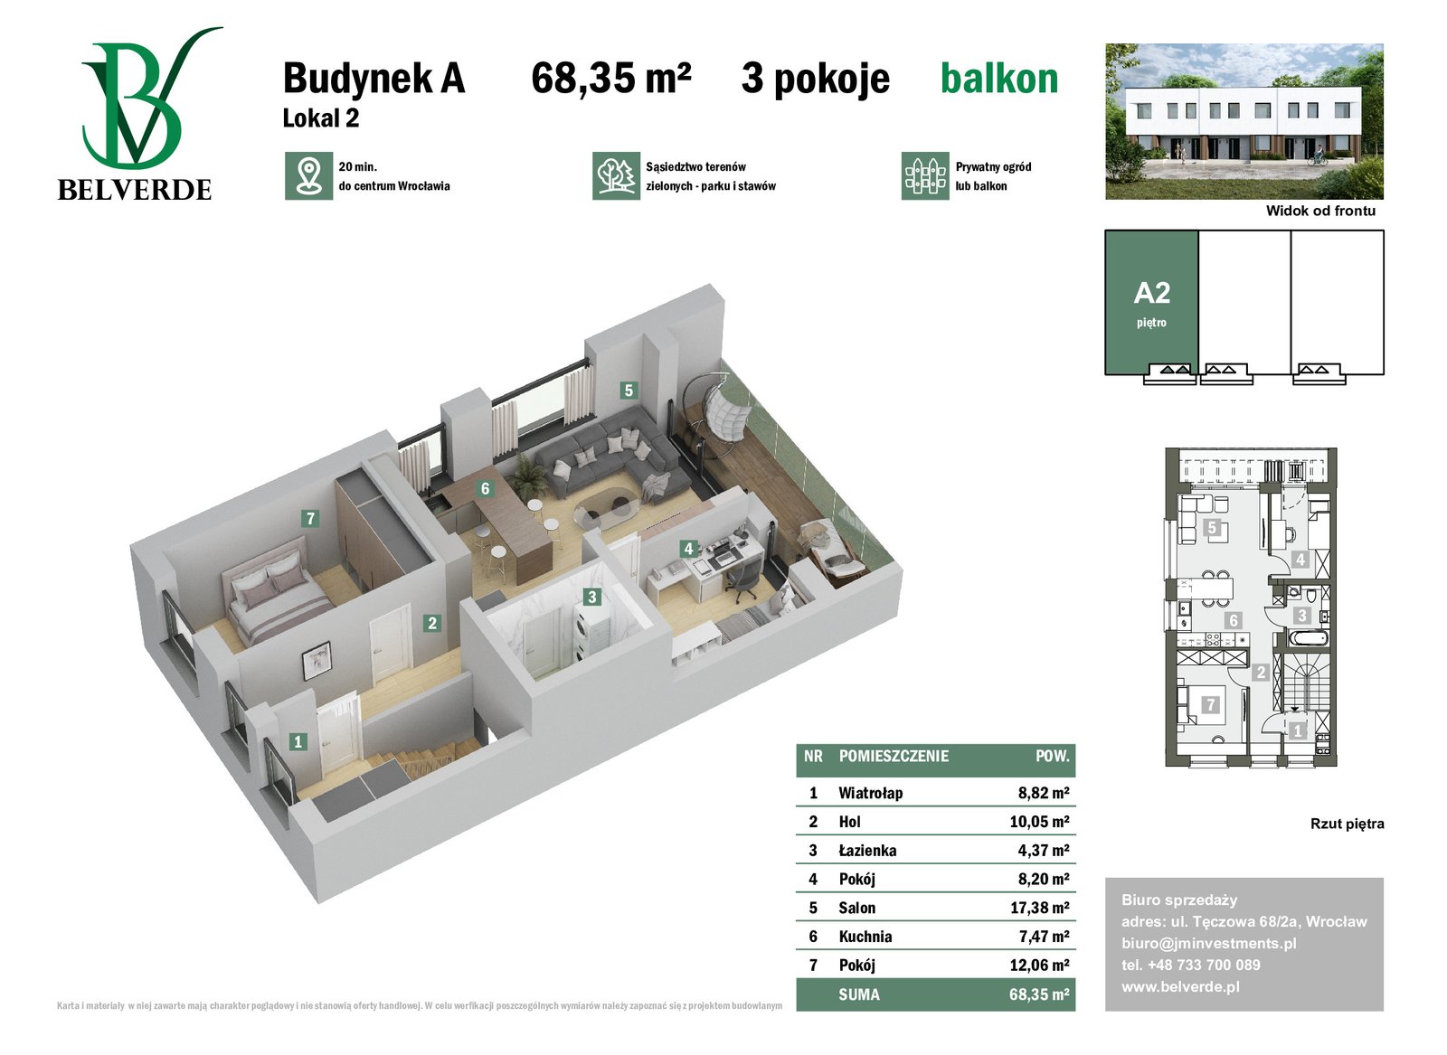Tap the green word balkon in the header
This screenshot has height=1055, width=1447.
pos(998,80)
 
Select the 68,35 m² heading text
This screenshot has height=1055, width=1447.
pos(610,78)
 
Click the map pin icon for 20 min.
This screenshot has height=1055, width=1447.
pos(308,176)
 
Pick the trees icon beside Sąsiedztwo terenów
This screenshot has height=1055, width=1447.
pos(616,176)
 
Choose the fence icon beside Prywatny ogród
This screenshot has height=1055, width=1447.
pos(925,176)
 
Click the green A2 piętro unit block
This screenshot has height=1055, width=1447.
pos(1151,303)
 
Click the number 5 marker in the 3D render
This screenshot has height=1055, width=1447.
pos(628,390)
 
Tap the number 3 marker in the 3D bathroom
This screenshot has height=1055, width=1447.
pos(591,598)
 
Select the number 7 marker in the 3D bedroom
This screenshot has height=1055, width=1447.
pos(311,519)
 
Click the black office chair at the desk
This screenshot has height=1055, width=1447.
pos(742,577)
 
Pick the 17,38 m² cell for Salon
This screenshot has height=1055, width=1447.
pos(1039,908)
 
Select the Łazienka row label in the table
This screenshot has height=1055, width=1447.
pos(867,851)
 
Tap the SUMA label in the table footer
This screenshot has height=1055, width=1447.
pos(859,995)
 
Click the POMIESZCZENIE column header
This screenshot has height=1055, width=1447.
pos(894,756)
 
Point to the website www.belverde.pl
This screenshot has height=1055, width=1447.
pos(1181,986)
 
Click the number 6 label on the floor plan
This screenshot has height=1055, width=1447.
pos(1234,620)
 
